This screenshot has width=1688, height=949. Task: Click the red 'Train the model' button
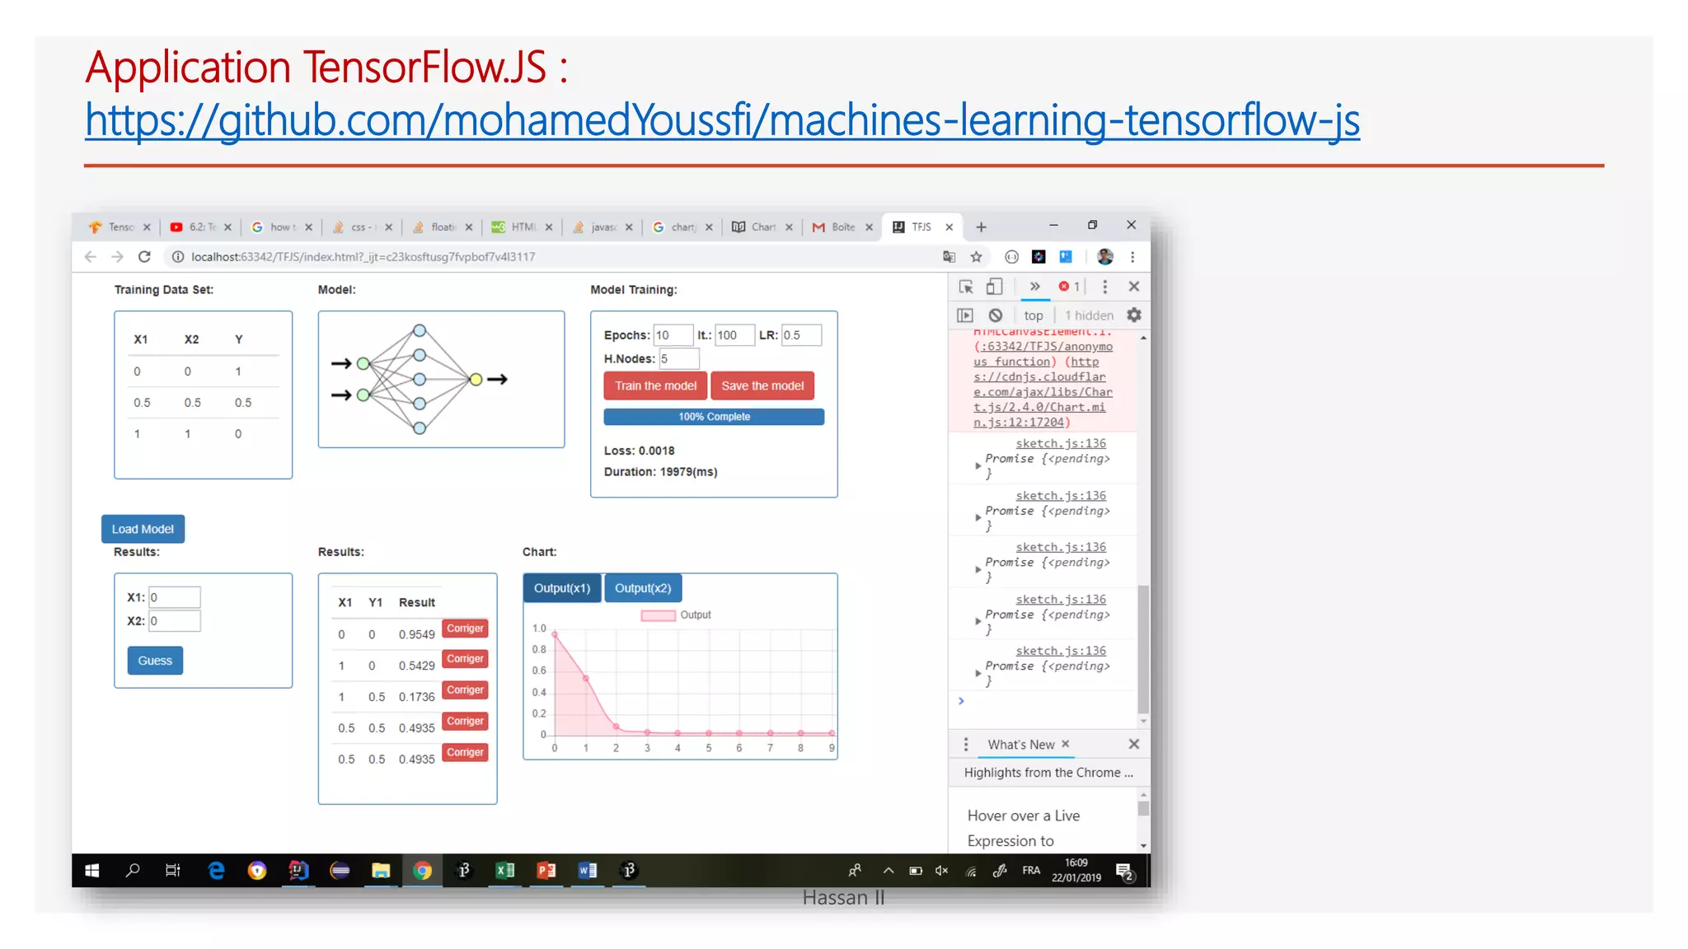tap(655, 386)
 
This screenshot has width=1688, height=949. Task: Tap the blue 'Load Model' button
tap(143, 529)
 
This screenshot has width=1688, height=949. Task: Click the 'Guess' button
tap(155, 661)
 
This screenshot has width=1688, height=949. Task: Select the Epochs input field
tap(673, 335)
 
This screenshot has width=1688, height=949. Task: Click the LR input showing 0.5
tap(801, 335)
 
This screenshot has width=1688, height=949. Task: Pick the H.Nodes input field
tap(678, 359)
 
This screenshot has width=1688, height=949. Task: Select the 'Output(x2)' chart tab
tap(643, 588)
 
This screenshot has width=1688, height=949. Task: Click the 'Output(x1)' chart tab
tap(562, 588)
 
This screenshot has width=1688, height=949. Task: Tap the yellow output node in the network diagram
tap(476, 379)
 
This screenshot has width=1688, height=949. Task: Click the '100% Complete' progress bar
tap(714, 417)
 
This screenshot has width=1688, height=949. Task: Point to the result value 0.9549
tap(416, 634)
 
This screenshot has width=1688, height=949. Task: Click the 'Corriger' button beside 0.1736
tap(465, 690)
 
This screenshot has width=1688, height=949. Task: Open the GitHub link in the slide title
tap(722, 120)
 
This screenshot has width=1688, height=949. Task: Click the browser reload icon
tap(144, 257)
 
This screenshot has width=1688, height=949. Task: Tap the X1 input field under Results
tap(174, 597)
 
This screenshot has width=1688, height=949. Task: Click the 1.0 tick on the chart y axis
tap(539, 629)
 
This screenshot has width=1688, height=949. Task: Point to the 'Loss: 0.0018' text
tap(639, 451)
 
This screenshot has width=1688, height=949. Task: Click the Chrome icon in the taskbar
tap(422, 871)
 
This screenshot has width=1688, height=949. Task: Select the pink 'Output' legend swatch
tap(658, 615)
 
